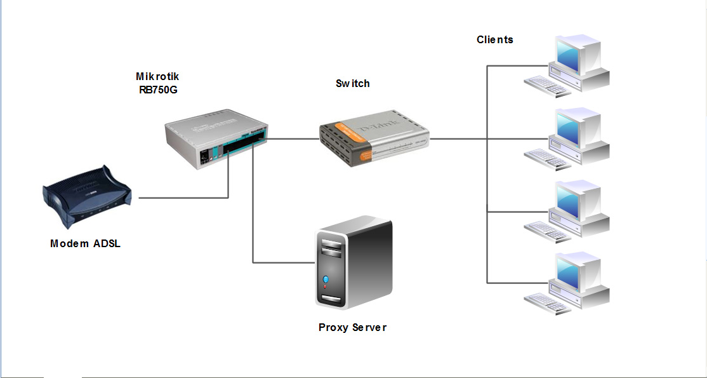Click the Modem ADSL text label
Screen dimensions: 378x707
85,243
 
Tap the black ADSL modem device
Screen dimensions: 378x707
86,198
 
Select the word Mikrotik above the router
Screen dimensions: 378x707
157,76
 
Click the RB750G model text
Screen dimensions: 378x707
158,90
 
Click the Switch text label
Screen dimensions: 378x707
352,83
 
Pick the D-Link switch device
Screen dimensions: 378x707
373,142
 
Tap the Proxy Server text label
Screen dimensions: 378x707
352,328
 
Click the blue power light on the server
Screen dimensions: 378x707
326,279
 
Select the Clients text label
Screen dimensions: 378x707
495,39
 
